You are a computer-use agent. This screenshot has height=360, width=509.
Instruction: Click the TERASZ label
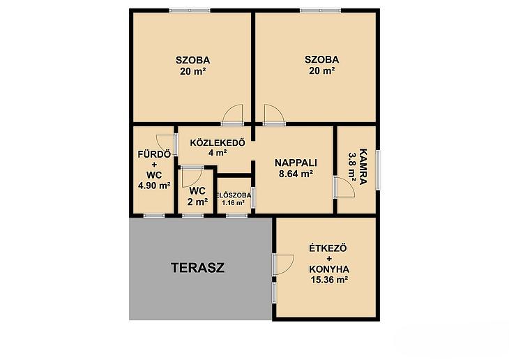click(x=198, y=268)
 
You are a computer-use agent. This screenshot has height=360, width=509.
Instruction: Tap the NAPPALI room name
click(x=296, y=163)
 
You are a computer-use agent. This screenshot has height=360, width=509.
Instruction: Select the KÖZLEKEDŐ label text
click(x=218, y=142)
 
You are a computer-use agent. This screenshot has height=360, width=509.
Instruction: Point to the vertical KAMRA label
click(x=363, y=167)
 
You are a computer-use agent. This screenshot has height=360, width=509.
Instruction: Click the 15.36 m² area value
click(x=330, y=280)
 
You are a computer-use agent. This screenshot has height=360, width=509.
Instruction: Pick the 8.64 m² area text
click(x=296, y=174)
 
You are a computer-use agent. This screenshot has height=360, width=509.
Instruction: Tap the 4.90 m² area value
click(x=154, y=186)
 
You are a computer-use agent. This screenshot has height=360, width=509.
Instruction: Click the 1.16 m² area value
click(x=233, y=203)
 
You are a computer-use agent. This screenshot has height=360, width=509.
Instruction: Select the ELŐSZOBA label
click(x=234, y=195)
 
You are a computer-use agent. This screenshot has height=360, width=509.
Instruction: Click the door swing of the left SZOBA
click(x=232, y=114)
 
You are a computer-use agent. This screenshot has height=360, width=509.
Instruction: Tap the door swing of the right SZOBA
click(x=275, y=114)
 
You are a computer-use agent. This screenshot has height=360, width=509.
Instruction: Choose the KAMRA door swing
click(x=344, y=187)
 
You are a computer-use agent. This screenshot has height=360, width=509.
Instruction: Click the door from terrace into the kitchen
click(x=284, y=265)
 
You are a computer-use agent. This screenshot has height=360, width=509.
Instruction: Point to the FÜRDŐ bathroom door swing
click(x=166, y=144)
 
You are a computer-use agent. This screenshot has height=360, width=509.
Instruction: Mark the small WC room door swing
click(x=193, y=177)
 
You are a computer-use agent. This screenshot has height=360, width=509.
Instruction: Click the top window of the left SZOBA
click(x=190, y=10)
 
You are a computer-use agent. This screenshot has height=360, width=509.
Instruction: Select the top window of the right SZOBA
click(x=321, y=10)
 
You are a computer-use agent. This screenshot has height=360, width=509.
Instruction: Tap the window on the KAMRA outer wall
click(x=378, y=170)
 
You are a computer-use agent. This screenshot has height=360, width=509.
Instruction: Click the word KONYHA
click(x=329, y=269)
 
